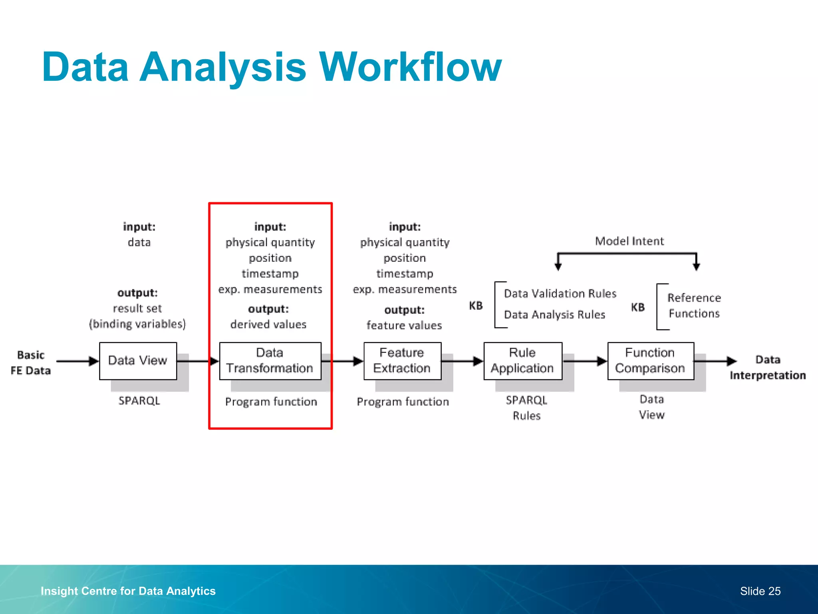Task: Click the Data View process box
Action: coord(138,361)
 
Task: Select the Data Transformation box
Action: coord(270,361)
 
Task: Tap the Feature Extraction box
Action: coord(402,361)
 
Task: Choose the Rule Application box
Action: coord(522,361)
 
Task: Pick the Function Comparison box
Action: coord(650,361)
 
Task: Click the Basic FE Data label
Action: coord(31,363)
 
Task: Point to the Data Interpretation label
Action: coord(767,367)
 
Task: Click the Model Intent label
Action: coord(629,241)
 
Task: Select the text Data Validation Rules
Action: coord(560,293)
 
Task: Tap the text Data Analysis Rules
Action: coord(554,315)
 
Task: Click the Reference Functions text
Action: coord(694,305)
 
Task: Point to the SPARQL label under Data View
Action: coord(139,401)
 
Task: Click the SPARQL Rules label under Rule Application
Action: coord(526,408)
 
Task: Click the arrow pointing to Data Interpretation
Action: coord(715,361)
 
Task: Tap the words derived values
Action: coord(268,324)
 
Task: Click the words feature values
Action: coord(404,325)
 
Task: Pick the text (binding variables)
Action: coord(137,324)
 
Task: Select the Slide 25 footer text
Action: coord(760,591)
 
